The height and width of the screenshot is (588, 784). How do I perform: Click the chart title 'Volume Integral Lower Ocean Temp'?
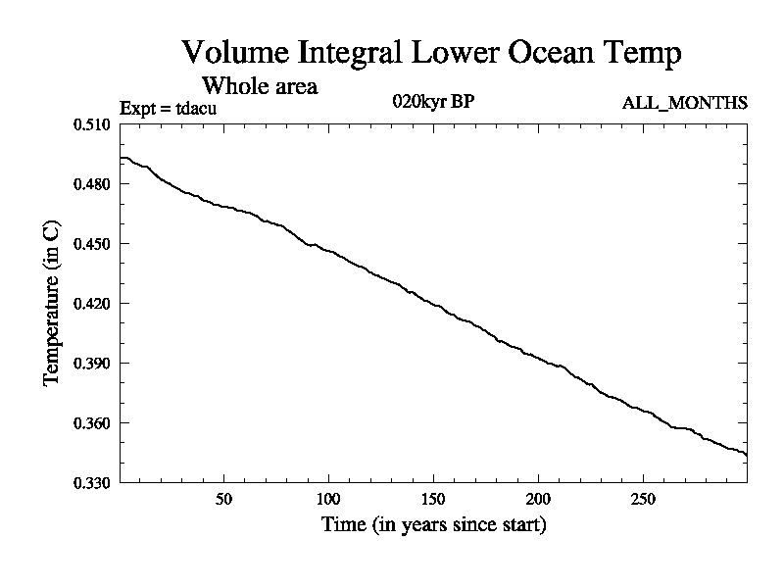point(431,53)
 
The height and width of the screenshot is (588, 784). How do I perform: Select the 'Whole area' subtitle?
point(259,85)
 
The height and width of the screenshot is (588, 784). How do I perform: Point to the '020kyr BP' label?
point(432,102)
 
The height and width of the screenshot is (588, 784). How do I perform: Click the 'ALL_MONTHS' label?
point(685,103)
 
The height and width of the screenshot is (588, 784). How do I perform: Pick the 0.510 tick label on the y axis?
point(94,124)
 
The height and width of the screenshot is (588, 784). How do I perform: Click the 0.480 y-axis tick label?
point(94,184)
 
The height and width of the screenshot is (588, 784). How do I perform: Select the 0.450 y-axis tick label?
point(94,244)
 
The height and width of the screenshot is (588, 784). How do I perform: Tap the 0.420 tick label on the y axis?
point(94,304)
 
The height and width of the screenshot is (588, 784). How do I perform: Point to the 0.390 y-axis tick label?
point(94,364)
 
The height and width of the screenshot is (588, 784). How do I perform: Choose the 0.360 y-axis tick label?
point(94,423)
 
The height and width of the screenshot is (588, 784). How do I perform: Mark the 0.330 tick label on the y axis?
point(94,483)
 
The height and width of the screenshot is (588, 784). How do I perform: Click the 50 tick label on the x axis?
point(223,500)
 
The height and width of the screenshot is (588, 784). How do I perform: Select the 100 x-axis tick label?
point(328,500)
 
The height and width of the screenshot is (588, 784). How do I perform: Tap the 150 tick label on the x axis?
point(433,500)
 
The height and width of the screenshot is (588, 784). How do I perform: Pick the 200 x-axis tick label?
point(538,500)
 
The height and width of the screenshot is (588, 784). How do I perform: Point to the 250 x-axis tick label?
point(642,500)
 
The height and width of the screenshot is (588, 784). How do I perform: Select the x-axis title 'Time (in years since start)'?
point(433,525)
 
